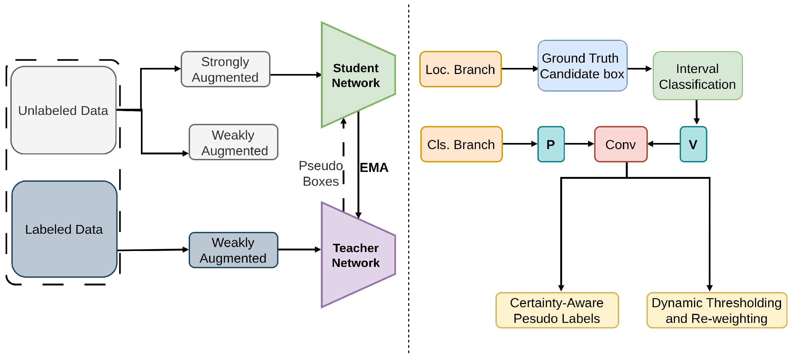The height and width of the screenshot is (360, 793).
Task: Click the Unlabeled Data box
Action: pos(63,110)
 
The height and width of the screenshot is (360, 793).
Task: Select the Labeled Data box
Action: pos(64,229)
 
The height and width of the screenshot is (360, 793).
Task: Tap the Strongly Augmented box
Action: pos(225,69)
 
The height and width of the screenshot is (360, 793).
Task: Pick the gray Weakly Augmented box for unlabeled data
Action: pos(233,142)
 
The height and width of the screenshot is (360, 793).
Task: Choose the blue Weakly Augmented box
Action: pos(233,250)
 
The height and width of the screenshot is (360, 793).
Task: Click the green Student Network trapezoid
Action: pos(356,75)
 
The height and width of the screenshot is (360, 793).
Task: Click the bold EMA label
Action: pos(374,168)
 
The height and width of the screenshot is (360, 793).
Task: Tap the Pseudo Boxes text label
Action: pos(321,174)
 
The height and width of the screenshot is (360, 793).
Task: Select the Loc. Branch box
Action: pos(460,69)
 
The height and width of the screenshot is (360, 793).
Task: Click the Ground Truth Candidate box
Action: pos(582,66)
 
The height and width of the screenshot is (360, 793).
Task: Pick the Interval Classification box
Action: pos(697,76)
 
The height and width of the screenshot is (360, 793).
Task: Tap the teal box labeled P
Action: pos(551,144)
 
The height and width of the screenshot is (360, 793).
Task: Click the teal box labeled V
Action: pos(693,144)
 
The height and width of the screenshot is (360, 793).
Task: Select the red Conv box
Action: pos(620,144)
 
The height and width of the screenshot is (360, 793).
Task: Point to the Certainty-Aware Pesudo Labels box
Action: pos(557,310)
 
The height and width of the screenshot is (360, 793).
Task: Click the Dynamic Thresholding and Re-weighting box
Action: pos(717,310)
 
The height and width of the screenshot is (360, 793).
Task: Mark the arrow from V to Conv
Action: pos(664,144)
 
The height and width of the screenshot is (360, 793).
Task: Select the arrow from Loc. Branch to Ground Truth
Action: pos(520,69)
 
